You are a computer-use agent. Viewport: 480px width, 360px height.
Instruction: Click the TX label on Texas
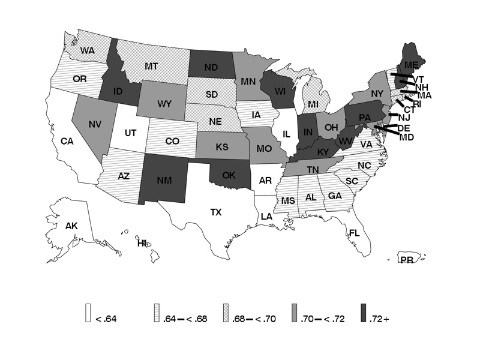215,212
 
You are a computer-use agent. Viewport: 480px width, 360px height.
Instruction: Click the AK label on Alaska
72,226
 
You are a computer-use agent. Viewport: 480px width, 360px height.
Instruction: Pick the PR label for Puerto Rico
407,259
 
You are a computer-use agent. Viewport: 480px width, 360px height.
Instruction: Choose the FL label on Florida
354,233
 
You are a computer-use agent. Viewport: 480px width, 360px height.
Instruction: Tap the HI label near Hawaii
142,243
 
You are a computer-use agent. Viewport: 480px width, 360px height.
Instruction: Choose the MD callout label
407,137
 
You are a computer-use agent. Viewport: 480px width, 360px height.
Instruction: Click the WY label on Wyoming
164,104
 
